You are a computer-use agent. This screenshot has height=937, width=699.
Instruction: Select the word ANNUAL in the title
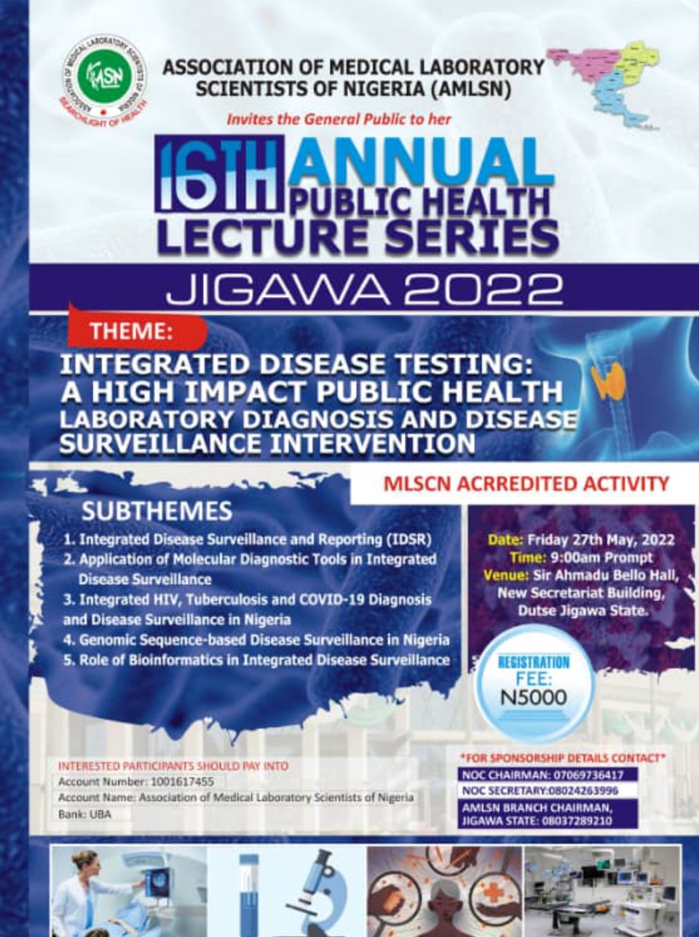click(x=420, y=162)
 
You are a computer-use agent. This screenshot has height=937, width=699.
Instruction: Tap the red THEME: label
click(x=132, y=332)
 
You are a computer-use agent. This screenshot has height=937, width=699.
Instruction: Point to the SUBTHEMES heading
click(x=157, y=511)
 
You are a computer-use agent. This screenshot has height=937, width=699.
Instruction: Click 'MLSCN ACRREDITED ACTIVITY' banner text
click(x=526, y=485)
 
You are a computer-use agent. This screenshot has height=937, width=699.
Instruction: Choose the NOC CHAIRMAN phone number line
click(x=542, y=775)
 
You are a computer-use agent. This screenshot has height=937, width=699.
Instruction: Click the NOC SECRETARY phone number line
click(x=540, y=791)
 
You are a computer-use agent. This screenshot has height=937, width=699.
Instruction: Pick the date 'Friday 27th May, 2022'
click(x=600, y=540)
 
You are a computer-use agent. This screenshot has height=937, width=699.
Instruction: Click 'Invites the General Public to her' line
click(x=339, y=119)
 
